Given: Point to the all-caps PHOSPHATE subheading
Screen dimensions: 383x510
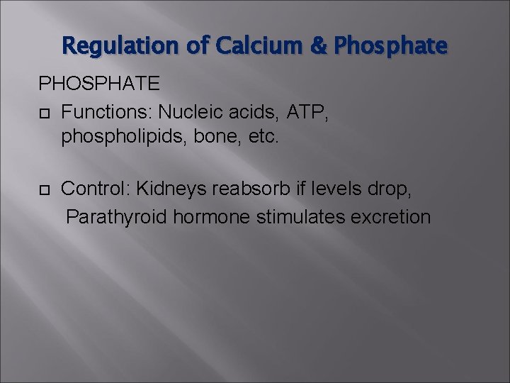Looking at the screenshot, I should [x=98, y=84].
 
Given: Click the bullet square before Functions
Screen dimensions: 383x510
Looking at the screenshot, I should [x=44, y=112].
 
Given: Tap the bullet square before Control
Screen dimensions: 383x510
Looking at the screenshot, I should [x=44, y=190].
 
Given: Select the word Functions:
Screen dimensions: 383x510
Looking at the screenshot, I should [x=107, y=111].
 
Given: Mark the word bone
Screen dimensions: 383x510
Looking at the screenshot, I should [x=210, y=137].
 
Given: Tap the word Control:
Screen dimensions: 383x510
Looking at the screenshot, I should [x=96, y=189].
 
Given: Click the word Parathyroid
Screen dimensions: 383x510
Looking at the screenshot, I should [x=118, y=216].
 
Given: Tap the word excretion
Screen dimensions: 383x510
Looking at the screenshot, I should [x=391, y=216].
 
